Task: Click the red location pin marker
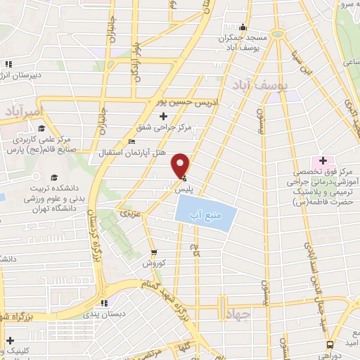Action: (181, 165)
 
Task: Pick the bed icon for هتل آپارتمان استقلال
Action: (131, 143)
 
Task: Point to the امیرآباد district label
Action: (22, 112)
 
